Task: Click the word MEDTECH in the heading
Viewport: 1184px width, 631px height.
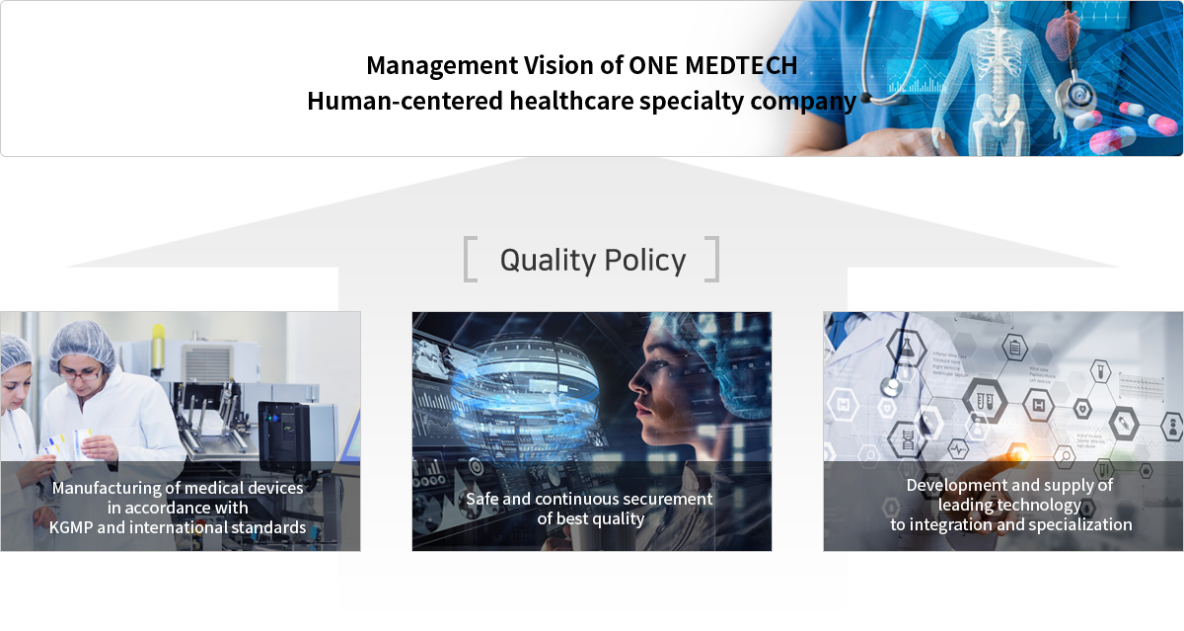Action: pyautogui.click(x=741, y=65)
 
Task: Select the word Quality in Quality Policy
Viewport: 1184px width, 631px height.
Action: pyautogui.click(x=549, y=261)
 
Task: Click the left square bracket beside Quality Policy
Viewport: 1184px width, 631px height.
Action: pyautogui.click(x=470, y=259)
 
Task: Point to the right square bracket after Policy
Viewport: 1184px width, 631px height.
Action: pyautogui.click(x=712, y=259)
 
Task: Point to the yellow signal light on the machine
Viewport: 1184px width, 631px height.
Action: pyautogui.click(x=158, y=346)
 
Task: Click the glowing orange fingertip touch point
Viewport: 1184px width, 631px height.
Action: pyautogui.click(x=1018, y=454)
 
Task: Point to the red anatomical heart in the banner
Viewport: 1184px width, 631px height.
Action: pyautogui.click(x=1063, y=34)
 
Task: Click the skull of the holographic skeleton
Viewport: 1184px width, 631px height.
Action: pyautogui.click(x=997, y=12)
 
